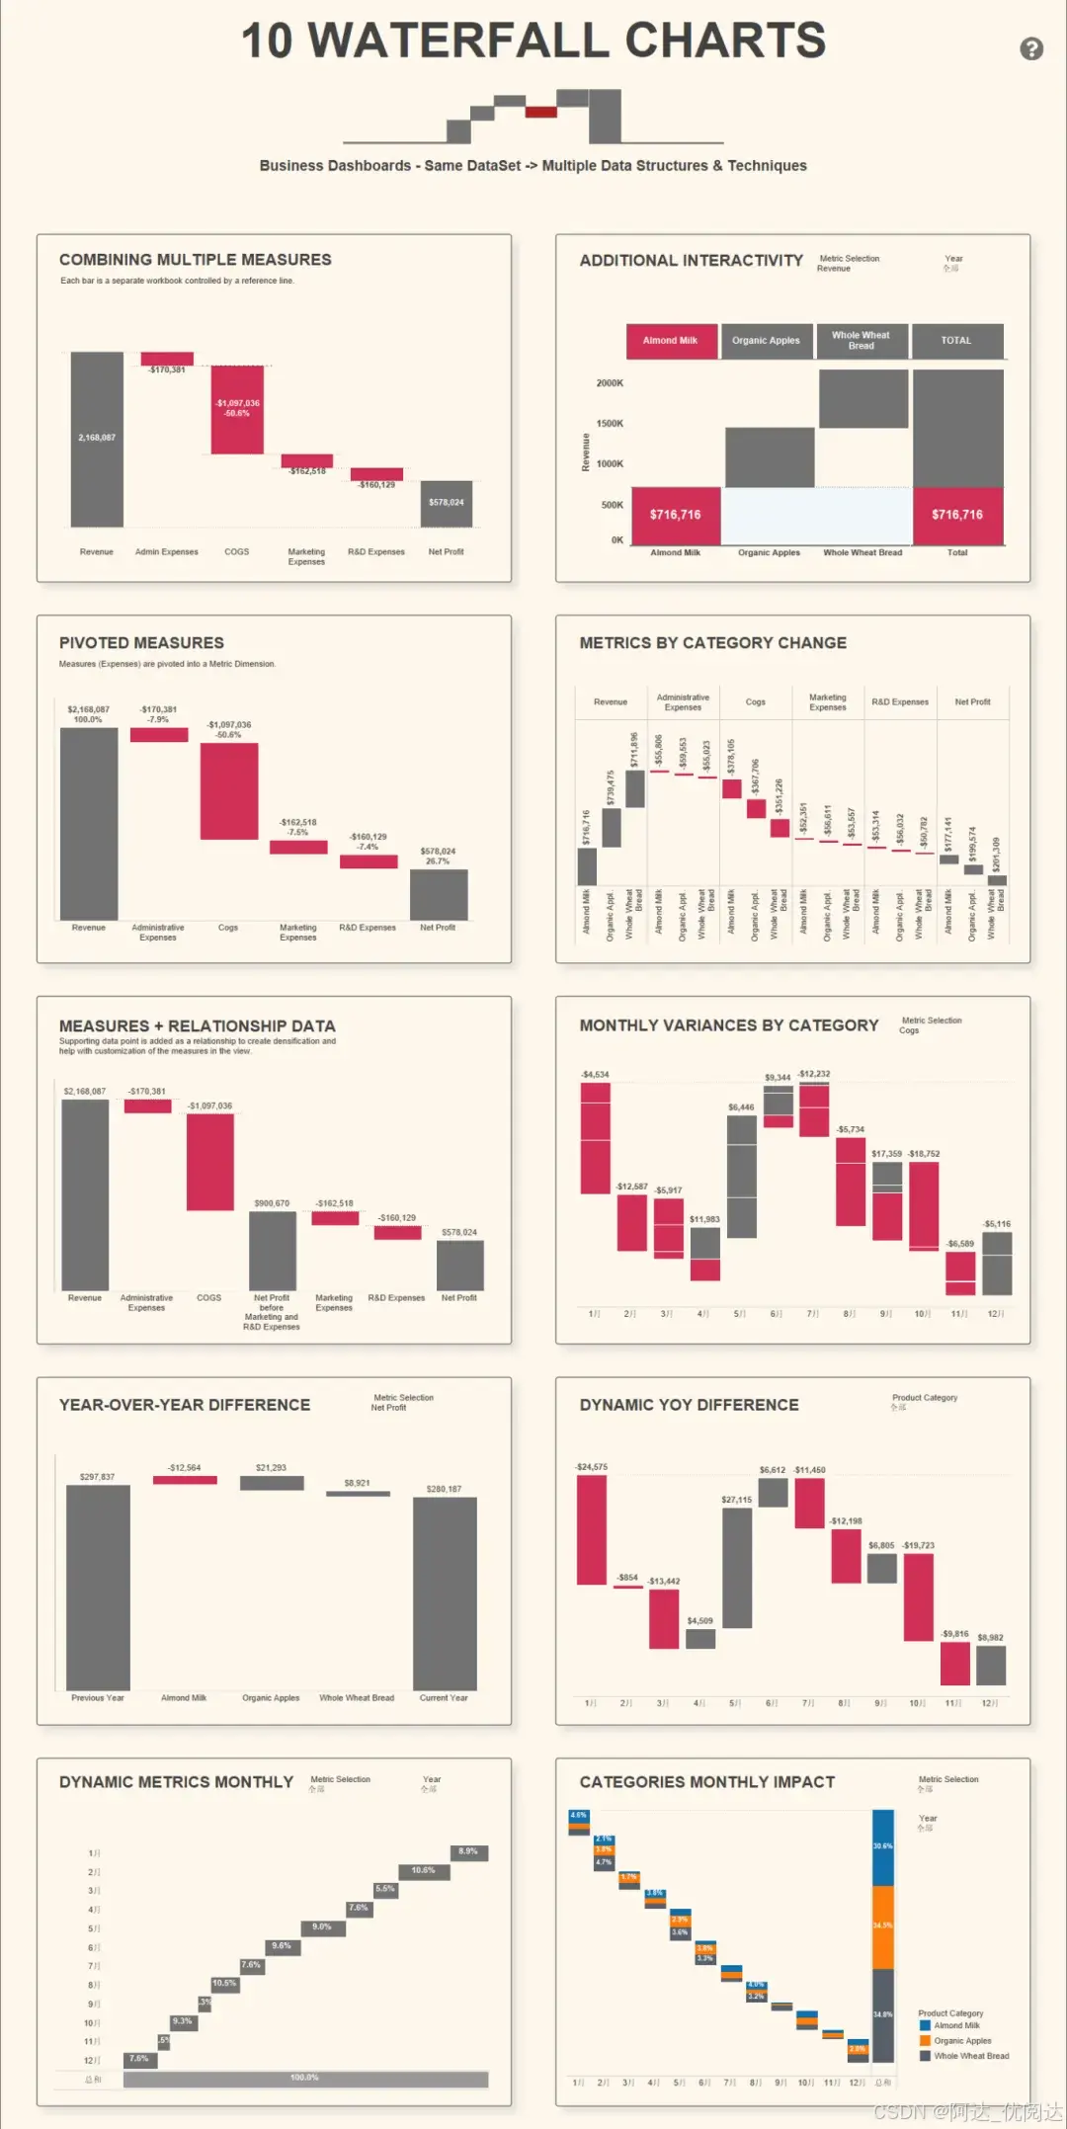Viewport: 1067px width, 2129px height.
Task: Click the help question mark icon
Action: click(x=1031, y=48)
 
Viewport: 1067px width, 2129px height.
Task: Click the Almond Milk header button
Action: click(x=671, y=341)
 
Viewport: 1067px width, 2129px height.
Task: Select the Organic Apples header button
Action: click(x=767, y=341)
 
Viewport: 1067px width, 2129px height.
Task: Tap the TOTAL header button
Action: click(x=956, y=341)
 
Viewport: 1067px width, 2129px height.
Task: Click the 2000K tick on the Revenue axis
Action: click(x=610, y=383)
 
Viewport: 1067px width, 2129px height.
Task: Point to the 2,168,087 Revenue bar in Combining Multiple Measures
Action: click(x=97, y=439)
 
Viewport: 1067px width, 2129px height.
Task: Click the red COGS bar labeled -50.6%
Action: click(x=237, y=409)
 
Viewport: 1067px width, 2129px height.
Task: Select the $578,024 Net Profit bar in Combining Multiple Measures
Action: click(x=446, y=503)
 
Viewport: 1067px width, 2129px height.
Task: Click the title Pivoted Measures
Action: click(x=141, y=643)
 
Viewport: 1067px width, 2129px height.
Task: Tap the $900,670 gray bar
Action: click(x=272, y=1250)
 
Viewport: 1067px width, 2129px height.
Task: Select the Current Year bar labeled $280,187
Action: click(x=445, y=1593)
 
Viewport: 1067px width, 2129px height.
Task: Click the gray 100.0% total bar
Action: click(x=305, y=2079)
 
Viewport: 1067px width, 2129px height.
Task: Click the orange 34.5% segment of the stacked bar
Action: click(x=882, y=1925)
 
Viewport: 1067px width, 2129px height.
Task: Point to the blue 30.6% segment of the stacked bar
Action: click(x=882, y=1846)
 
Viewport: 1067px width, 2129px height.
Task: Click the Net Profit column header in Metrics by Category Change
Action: click(x=972, y=702)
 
